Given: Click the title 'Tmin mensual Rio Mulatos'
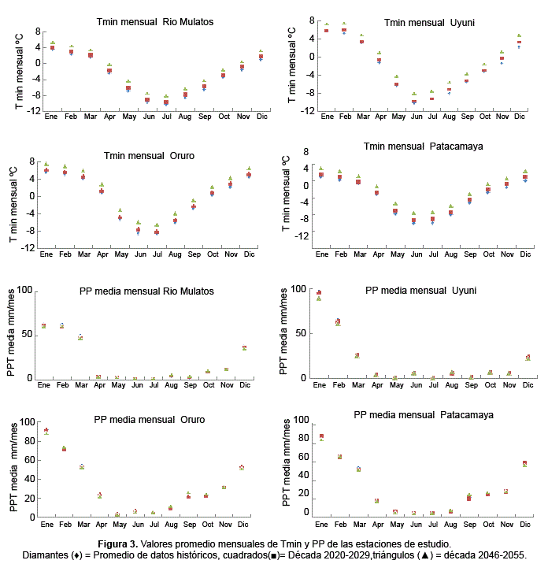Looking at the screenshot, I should point(148,21).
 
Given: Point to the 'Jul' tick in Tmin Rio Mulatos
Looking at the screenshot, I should point(166,117).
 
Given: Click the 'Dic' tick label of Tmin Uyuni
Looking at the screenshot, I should point(520,117).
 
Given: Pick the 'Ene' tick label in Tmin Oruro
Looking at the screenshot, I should point(46,254).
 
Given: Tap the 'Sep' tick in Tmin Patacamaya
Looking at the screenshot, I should point(469,254).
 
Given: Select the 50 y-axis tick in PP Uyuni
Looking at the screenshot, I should point(299,333).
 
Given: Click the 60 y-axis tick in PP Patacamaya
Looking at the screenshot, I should point(301,457).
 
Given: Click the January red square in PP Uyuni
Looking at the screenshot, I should point(319,293).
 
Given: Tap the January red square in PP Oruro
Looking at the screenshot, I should point(46,430).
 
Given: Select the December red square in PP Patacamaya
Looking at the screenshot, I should point(524,463).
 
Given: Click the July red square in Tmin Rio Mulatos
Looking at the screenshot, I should point(166,102).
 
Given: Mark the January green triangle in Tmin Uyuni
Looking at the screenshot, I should point(327,24).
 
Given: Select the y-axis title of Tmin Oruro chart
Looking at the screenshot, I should point(13,204).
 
